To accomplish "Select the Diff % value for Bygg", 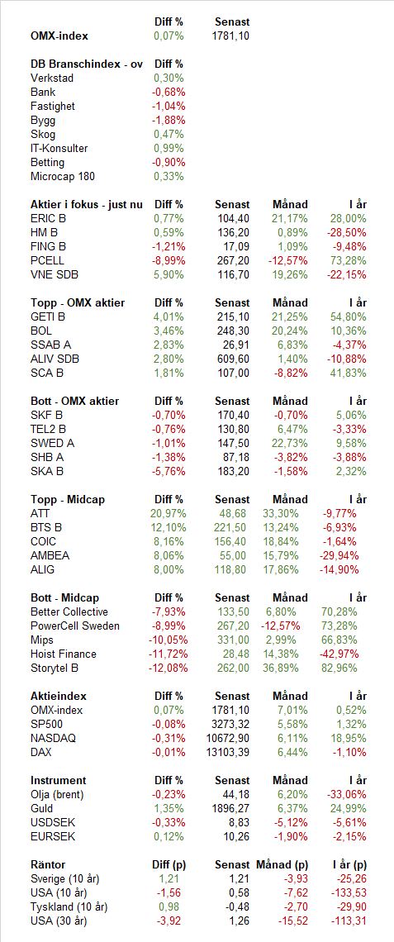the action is [169, 120].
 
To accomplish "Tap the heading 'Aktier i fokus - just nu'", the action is [87, 204].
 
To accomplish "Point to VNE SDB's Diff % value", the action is [169, 274].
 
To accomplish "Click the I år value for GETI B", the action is [349, 316].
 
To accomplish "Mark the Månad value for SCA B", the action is [290, 373].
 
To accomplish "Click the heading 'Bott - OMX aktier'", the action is [75, 401].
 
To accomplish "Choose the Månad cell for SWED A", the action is [289, 444].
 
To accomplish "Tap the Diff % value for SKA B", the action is [169, 472].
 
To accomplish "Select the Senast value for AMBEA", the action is [235, 556].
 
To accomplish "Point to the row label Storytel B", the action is [55, 668].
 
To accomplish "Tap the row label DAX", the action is [40, 752].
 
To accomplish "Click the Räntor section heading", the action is [48, 864].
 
